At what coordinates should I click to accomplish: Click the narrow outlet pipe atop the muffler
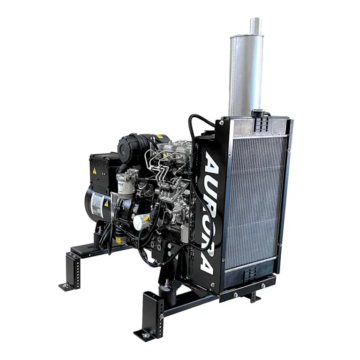pyautogui.click(x=255, y=24)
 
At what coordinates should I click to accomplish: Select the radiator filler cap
pyautogui.click(x=256, y=113)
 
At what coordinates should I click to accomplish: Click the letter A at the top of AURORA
pyautogui.click(x=211, y=162)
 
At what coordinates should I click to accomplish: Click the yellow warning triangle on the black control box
pyautogui.click(x=95, y=172)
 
